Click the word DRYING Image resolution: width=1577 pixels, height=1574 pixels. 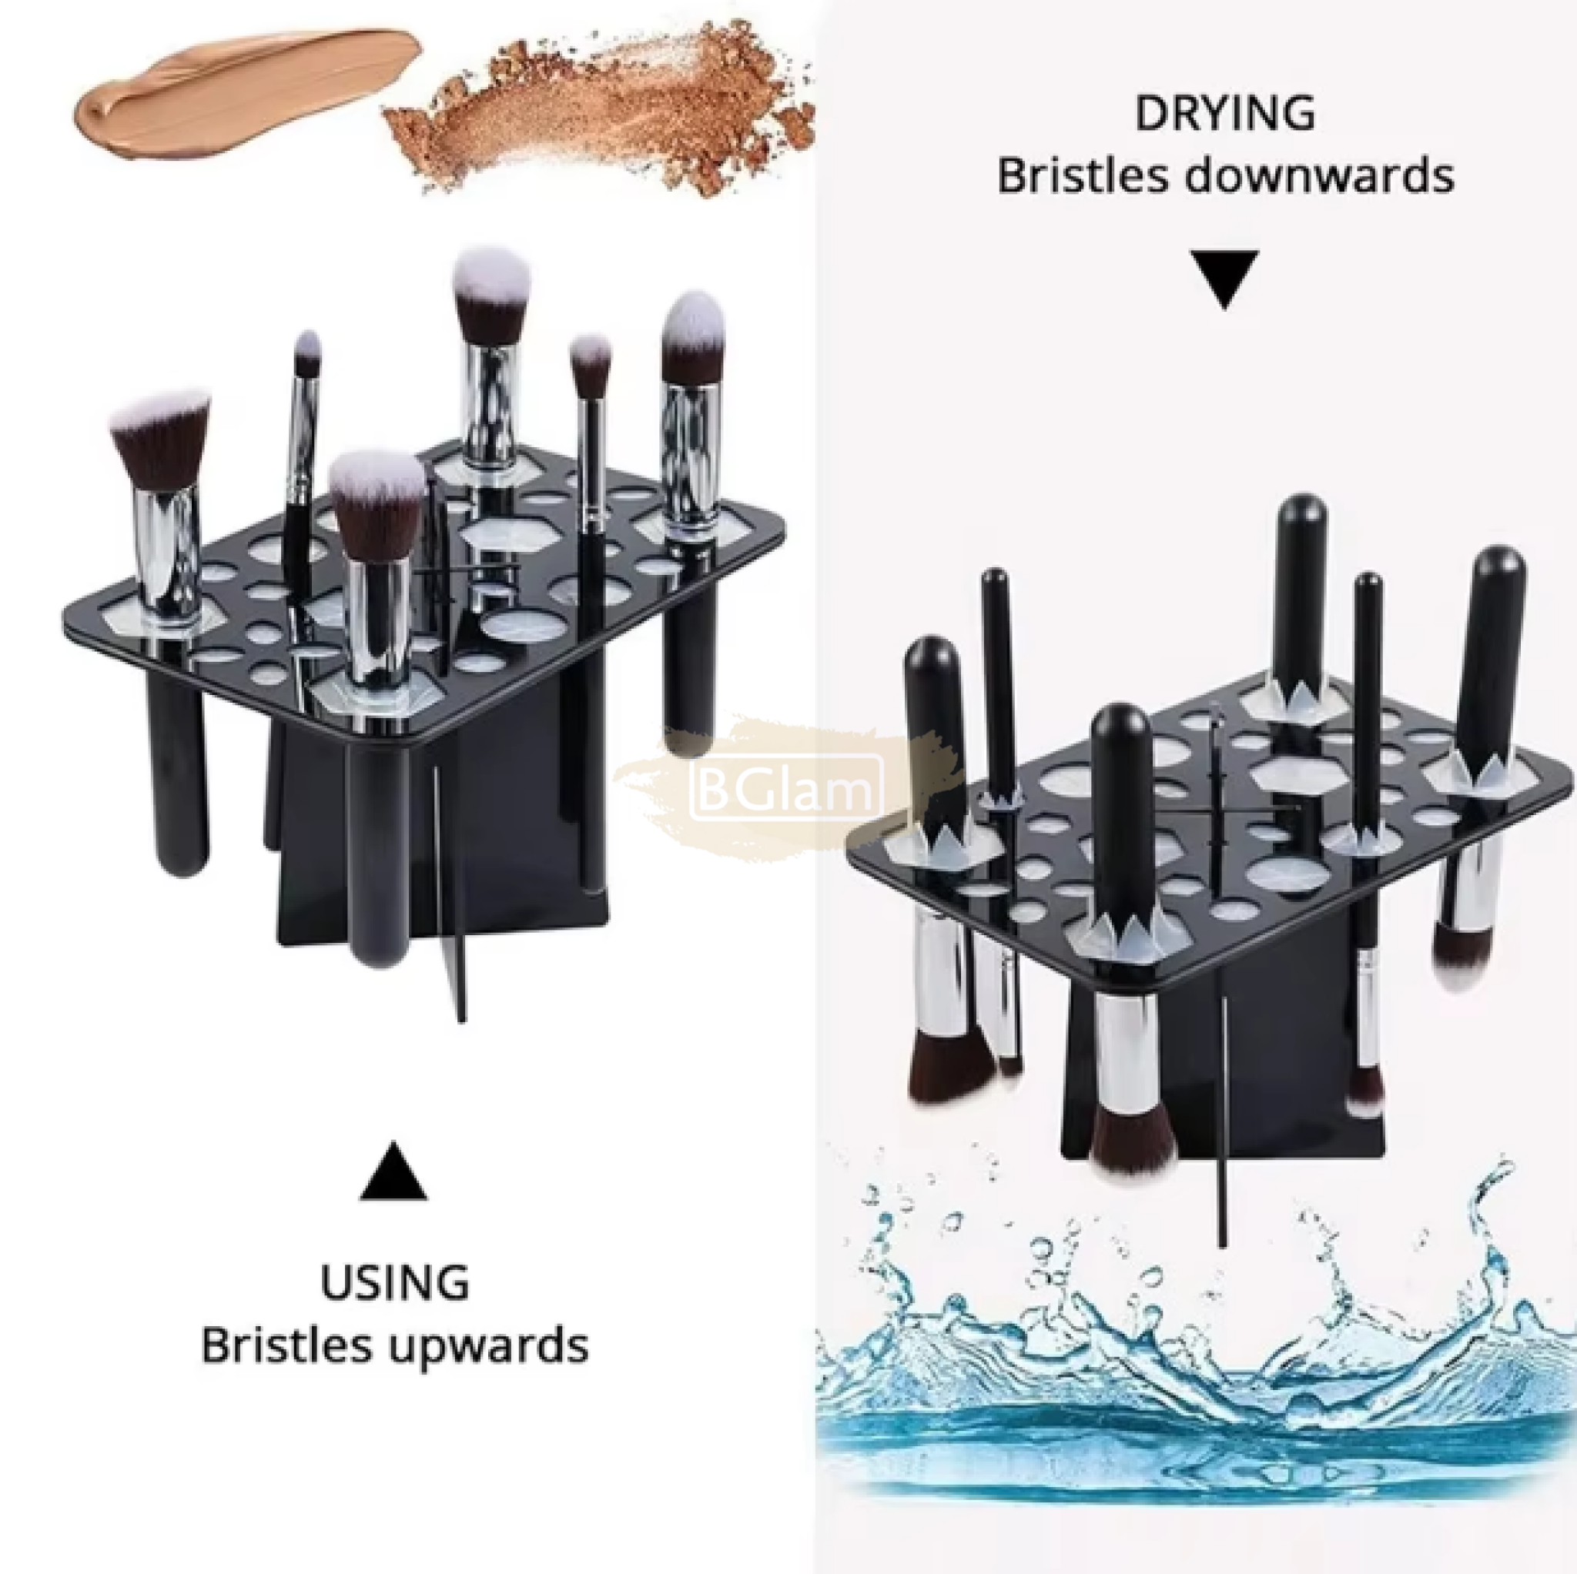(1224, 112)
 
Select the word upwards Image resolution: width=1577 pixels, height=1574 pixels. (487, 1347)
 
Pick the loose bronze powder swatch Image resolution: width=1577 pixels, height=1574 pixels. (600, 114)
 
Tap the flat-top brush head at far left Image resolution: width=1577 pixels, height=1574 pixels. (159, 438)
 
